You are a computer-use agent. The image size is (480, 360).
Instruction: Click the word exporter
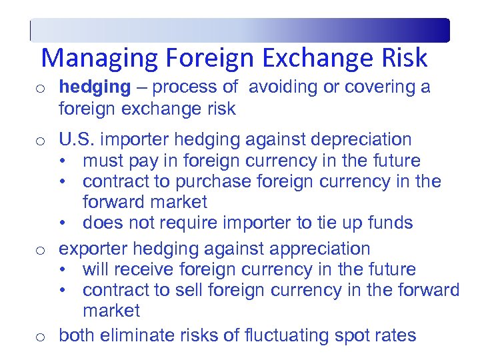[x=93, y=249]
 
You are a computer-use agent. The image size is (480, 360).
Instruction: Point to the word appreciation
[x=317, y=249]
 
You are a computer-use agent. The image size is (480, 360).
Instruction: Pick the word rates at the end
[x=397, y=335]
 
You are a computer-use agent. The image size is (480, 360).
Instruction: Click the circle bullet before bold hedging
[x=41, y=88]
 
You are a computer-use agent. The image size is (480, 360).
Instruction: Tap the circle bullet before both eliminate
[x=41, y=337]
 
